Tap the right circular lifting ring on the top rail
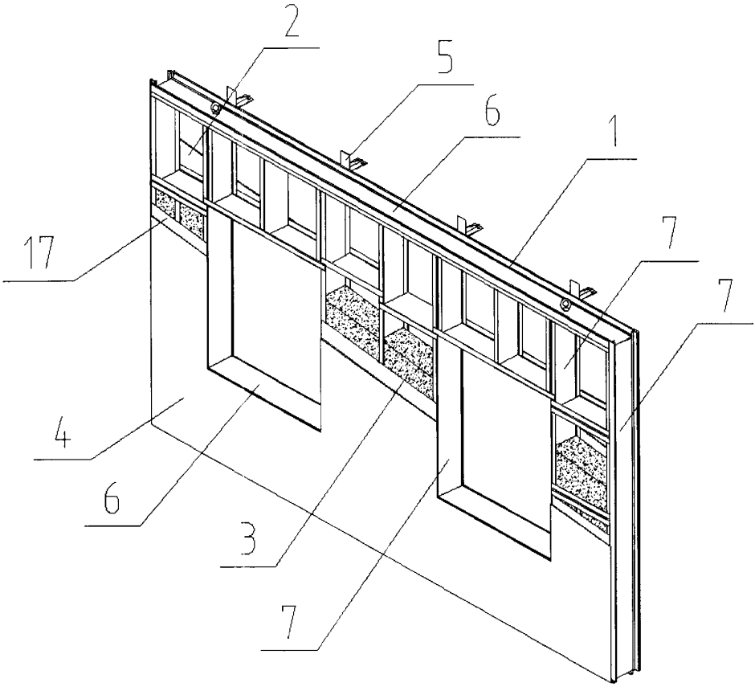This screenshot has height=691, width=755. [x=566, y=304]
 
